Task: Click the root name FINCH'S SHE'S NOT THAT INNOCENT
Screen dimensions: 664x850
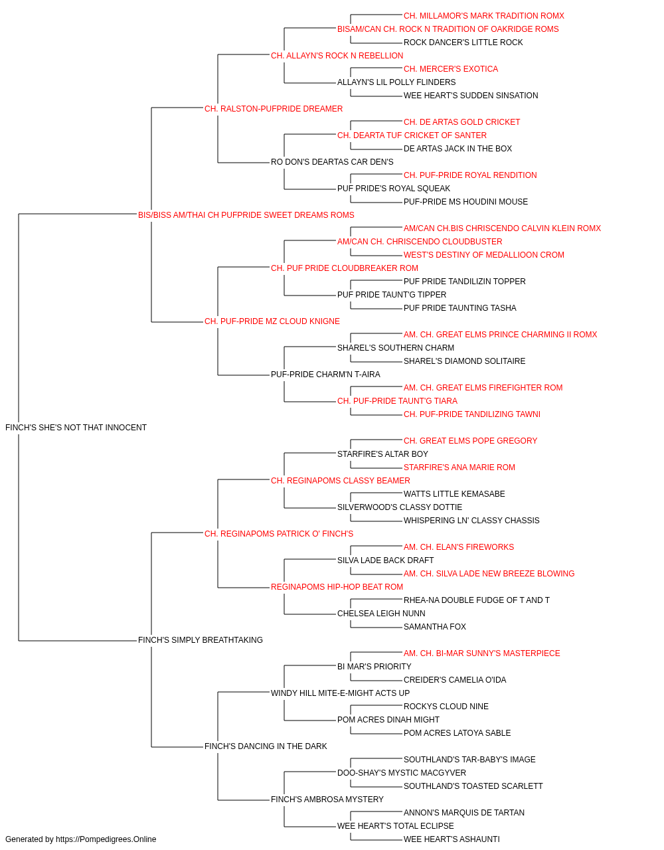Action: click(76, 428)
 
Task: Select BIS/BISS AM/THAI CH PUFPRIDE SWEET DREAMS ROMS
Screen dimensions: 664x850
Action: click(246, 215)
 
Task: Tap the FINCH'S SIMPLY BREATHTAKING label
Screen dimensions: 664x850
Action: click(201, 640)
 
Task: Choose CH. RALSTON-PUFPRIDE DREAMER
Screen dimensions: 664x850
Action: click(274, 109)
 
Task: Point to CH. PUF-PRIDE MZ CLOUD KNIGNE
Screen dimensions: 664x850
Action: click(272, 321)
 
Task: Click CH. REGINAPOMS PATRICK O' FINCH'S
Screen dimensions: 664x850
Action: click(279, 533)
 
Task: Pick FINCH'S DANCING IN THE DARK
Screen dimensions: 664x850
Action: click(266, 746)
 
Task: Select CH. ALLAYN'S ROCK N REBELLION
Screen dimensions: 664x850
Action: click(337, 56)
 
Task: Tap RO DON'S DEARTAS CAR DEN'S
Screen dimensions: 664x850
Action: click(332, 162)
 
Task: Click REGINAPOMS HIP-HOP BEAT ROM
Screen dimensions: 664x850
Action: click(337, 587)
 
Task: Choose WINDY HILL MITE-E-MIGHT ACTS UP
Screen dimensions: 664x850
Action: click(340, 693)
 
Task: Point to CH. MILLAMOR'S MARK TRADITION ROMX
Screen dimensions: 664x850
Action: click(484, 16)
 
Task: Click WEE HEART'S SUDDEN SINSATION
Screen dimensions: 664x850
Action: click(471, 96)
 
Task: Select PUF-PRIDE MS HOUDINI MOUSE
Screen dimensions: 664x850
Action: click(465, 202)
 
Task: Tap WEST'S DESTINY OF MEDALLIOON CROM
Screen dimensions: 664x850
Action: click(484, 255)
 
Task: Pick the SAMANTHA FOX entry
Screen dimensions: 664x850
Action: click(434, 627)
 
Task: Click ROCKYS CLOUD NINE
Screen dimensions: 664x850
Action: click(446, 707)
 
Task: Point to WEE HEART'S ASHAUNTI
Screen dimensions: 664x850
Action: click(452, 839)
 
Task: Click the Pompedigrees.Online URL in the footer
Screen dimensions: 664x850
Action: click(106, 839)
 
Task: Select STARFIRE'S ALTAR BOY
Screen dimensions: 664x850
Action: click(382, 454)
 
